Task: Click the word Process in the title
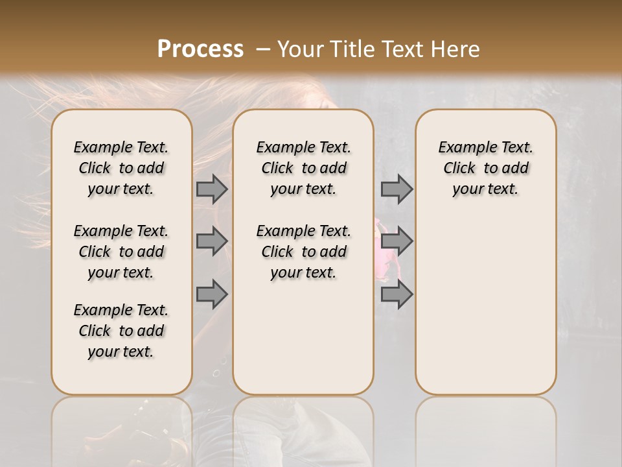[x=200, y=49]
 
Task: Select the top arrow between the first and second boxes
[x=212, y=189]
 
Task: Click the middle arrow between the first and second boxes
[x=212, y=241]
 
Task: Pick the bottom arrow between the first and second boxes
[x=212, y=294]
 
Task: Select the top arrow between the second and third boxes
[x=397, y=189]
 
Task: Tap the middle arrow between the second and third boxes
[x=397, y=241]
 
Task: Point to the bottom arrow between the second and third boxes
[x=397, y=294]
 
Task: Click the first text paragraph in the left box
[x=121, y=168]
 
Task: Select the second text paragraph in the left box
[x=121, y=252]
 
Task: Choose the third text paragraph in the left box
[x=121, y=331]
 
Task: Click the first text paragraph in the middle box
[x=304, y=168]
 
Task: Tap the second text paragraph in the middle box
[x=304, y=252]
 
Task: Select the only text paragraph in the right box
[x=486, y=168]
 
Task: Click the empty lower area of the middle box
[x=303, y=337]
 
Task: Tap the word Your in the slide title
[x=301, y=49]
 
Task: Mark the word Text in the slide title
[x=399, y=49]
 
